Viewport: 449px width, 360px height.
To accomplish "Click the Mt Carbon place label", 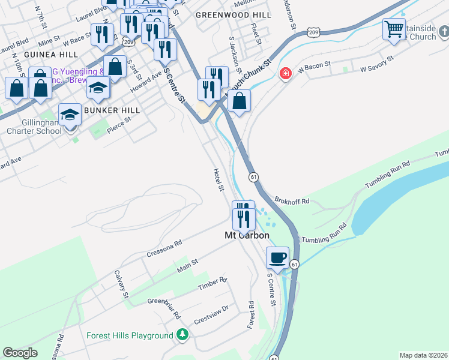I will tap(246, 236).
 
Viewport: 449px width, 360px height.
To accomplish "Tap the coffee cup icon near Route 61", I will tap(277, 257).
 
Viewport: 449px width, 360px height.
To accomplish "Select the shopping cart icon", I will tap(394, 28).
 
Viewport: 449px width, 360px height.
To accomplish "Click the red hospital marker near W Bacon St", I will tap(286, 74).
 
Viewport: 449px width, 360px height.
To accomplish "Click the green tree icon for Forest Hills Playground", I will tap(182, 335).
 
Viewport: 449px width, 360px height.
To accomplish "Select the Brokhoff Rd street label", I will tap(292, 200).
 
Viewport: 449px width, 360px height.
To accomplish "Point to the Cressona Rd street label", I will tap(164, 250).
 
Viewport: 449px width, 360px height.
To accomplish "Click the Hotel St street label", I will tap(218, 180).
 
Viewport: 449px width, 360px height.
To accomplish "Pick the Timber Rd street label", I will tap(212, 284).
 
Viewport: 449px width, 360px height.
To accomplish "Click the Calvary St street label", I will tap(121, 284).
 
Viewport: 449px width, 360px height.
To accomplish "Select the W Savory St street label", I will tap(376, 64).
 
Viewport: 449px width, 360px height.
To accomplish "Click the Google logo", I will tap(20, 352).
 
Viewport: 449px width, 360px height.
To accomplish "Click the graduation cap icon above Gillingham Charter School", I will tap(70, 114).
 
